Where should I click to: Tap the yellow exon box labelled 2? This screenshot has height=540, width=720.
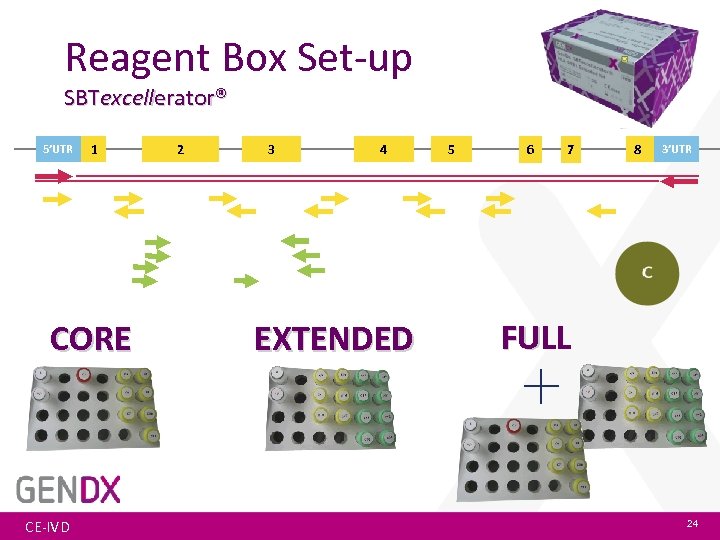tap(180, 150)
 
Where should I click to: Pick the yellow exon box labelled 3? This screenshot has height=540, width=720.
tap(271, 150)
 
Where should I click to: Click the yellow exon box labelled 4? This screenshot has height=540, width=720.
tap(383, 150)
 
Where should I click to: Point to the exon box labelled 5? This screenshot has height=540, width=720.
tap(451, 150)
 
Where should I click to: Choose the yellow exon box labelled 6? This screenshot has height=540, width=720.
tap(530, 150)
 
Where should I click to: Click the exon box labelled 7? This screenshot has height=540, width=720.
tap(570, 150)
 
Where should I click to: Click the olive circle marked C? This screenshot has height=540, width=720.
tap(647, 273)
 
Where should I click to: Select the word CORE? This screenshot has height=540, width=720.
tap(91, 339)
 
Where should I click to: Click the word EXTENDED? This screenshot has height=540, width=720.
tap(333, 339)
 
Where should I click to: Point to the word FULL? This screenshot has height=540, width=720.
tap(536, 337)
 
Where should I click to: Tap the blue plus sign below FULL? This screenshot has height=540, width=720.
tap(541, 385)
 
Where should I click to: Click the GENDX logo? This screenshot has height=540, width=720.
tap(69, 489)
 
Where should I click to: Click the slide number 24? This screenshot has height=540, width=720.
tap(692, 524)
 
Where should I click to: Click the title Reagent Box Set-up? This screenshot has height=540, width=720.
tap(238, 57)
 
